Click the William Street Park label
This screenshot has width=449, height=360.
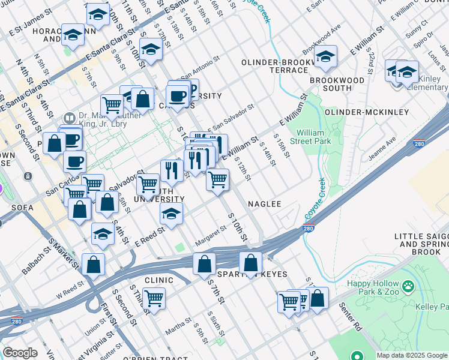(x=313, y=136)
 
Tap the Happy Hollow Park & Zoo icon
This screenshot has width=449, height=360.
(x=409, y=286)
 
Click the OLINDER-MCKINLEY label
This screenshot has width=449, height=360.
(x=366, y=112)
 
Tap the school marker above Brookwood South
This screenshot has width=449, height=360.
(x=325, y=58)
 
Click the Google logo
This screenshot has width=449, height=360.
(x=20, y=353)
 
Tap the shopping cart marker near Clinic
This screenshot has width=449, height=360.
(x=154, y=298)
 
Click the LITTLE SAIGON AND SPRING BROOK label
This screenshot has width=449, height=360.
(x=421, y=244)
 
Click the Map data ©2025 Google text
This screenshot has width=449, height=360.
(x=412, y=355)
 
